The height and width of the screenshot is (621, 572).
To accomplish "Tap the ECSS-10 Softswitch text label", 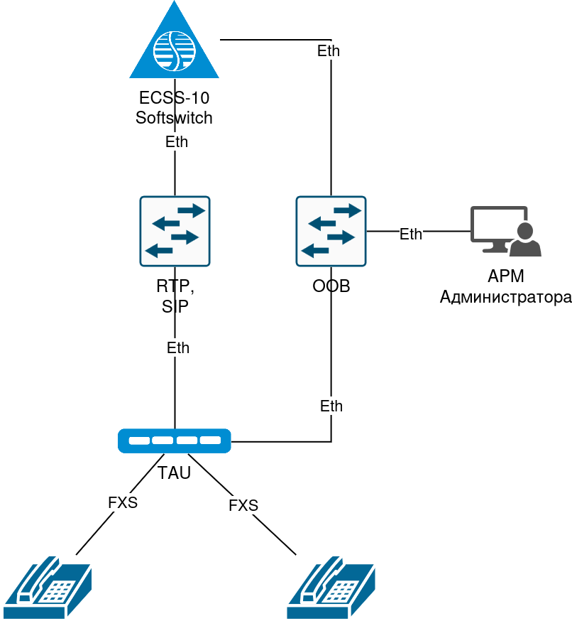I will [x=174, y=108].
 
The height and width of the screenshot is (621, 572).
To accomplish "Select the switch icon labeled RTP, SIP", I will [x=175, y=231].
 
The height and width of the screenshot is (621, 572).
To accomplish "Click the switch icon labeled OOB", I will [x=331, y=231].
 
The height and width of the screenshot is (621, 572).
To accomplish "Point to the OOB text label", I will [x=331, y=287].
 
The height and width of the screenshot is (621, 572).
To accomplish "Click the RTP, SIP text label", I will [x=175, y=296].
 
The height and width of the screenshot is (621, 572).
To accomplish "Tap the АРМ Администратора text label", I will [x=505, y=287].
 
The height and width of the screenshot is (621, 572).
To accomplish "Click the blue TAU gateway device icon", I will [x=175, y=441].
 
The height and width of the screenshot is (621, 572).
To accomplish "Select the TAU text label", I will [x=175, y=472].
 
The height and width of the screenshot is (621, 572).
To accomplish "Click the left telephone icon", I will [x=48, y=588].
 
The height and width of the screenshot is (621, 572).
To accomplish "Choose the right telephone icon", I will [x=331, y=588].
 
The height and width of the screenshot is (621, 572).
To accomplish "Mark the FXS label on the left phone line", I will [x=123, y=503].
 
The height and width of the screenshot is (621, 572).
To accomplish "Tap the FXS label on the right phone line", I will [x=243, y=506].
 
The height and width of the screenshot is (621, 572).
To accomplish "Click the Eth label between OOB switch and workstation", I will [x=411, y=234].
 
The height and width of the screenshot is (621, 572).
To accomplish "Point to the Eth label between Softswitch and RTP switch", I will [x=177, y=142].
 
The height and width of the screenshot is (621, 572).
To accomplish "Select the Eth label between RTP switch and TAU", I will [x=178, y=348].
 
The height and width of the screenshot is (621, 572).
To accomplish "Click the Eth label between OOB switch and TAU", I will [x=331, y=406].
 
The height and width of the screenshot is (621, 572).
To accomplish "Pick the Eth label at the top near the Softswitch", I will [x=329, y=51].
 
